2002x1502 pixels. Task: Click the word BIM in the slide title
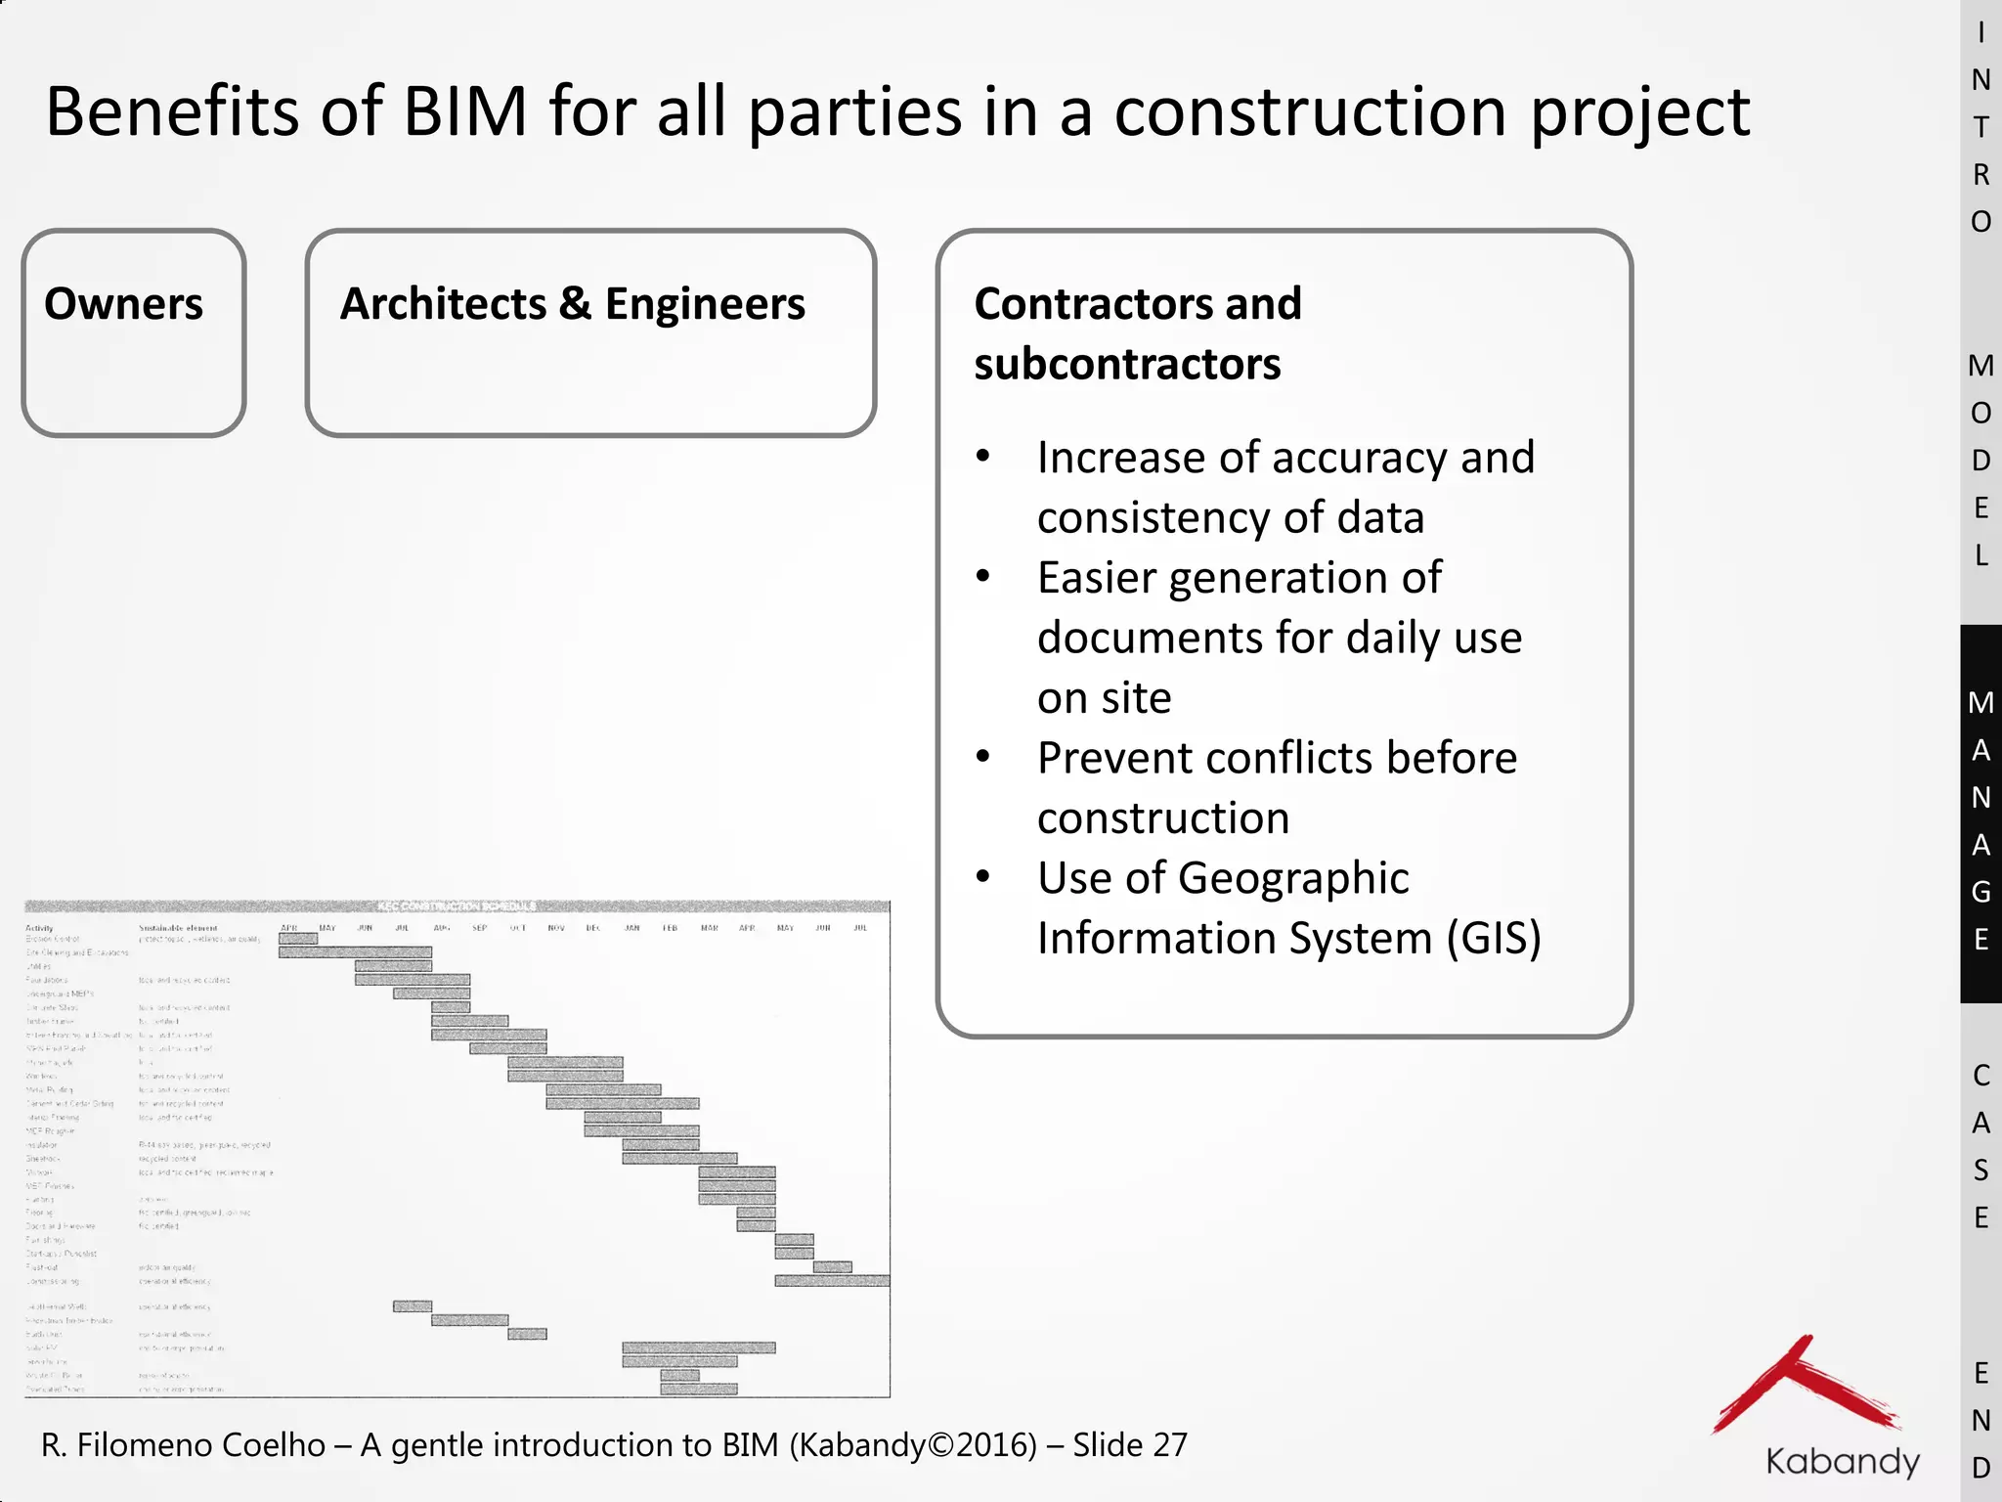pos(465,111)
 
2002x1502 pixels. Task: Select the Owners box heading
pos(124,304)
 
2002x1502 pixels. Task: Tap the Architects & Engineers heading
pos(572,304)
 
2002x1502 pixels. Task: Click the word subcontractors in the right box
pos(1126,365)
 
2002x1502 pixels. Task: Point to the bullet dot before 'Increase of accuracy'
pos(983,456)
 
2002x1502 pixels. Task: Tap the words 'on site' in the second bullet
pos(1104,698)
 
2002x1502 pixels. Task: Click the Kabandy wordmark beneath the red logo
pos(1842,1462)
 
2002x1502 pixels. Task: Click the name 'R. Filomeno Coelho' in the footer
pos(183,1445)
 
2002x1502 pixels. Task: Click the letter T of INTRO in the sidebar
pos(1980,127)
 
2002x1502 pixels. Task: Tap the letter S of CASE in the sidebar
pos(1980,1171)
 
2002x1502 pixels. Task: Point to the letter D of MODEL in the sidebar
pos(1980,461)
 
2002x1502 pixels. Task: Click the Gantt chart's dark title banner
pos(457,906)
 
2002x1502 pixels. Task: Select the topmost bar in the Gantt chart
pos(298,939)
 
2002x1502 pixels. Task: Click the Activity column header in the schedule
pos(40,928)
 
